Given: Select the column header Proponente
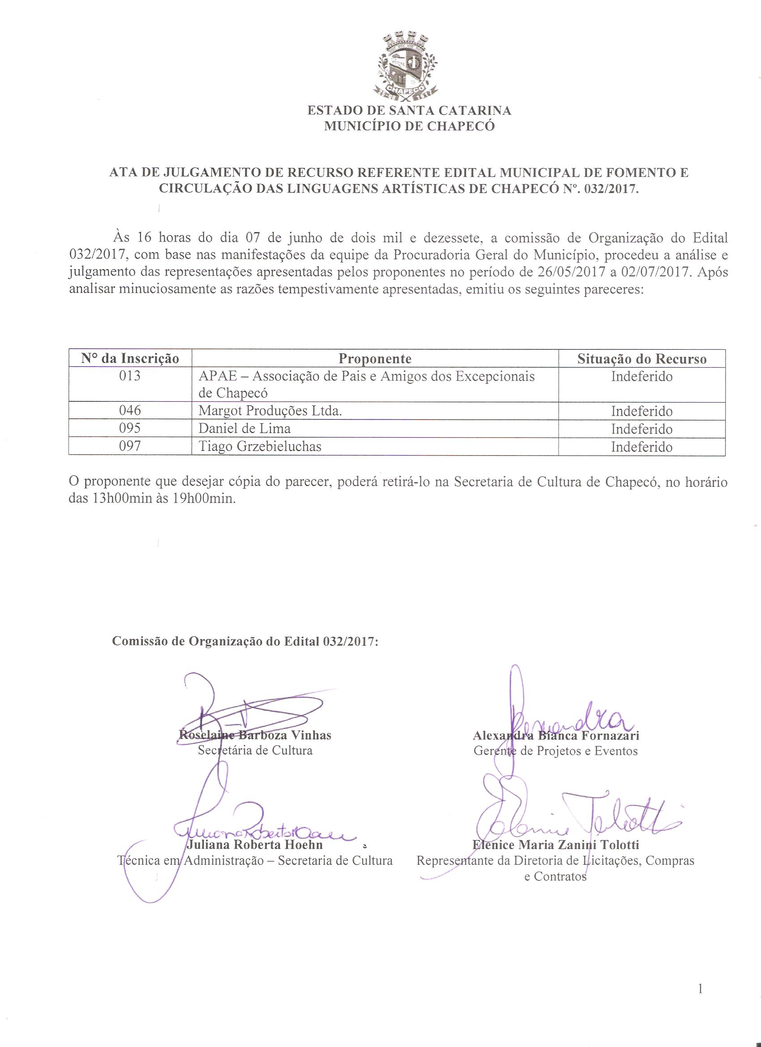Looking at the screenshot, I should click(x=375, y=359).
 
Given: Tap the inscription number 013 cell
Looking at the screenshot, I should click(x=130, y=376).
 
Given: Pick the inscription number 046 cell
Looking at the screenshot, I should click(x=130, y=410).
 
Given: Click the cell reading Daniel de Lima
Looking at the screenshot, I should click(x=244, y=429).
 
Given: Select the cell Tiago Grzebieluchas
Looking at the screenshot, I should click(x=260, y=446).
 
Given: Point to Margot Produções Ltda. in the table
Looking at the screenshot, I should click(x=270, y=410).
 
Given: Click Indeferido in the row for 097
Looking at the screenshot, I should click(x=641, y=447).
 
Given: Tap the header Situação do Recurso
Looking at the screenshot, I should click(x=641, y=359).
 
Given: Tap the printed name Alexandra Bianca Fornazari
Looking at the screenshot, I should click(x=556, y=735).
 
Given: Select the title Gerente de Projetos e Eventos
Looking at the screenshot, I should click(x=556, y=751).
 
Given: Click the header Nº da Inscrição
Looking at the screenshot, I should click(x=130, y=359).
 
